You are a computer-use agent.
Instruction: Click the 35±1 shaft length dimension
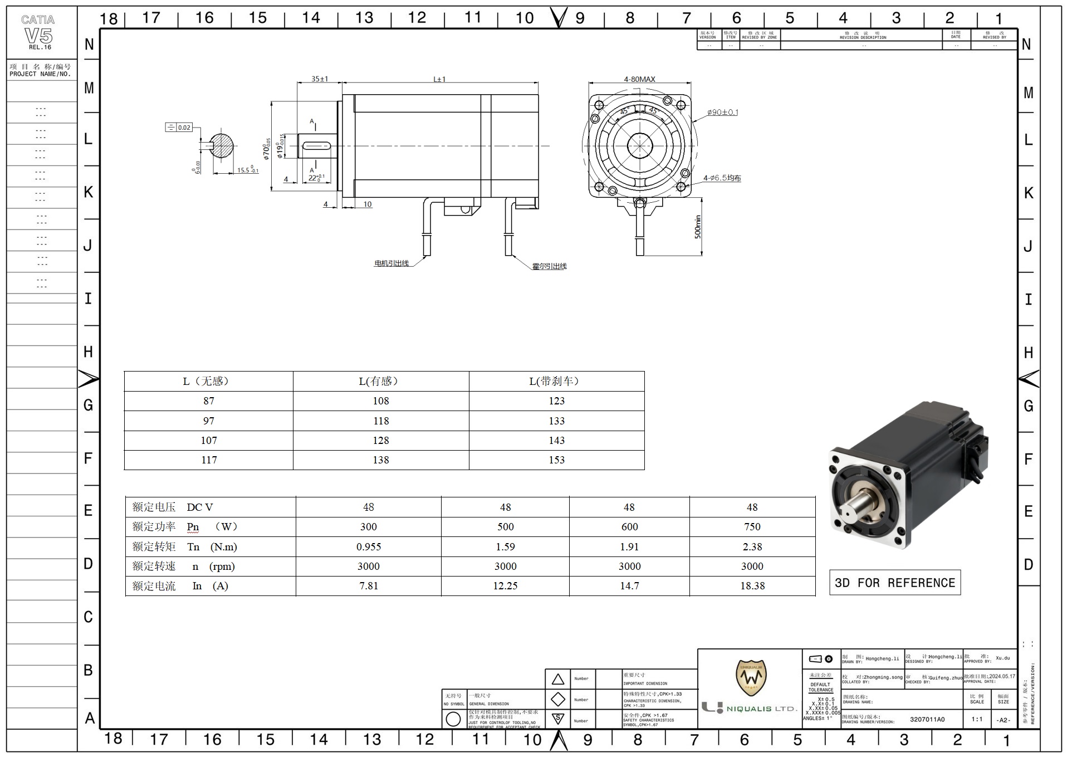319,79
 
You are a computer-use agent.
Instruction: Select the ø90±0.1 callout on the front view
722,112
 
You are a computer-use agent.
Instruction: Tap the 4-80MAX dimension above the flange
639,79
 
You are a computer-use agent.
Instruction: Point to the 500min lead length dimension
698,227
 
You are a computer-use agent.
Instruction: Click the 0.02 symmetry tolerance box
179,128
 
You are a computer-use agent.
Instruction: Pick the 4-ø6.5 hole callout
722,178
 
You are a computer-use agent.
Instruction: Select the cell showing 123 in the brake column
556,401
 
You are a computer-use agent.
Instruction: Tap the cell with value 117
209,460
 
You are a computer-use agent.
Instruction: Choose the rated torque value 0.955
369,547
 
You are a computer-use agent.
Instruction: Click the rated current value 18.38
752,586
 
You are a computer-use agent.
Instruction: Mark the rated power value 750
752,527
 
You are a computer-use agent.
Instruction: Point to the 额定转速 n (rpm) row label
184,566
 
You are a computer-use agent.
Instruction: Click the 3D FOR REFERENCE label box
894,583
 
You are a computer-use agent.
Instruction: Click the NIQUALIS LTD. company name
761,709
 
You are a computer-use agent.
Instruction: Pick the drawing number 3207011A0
927,719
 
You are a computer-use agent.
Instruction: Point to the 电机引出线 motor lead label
391,263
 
